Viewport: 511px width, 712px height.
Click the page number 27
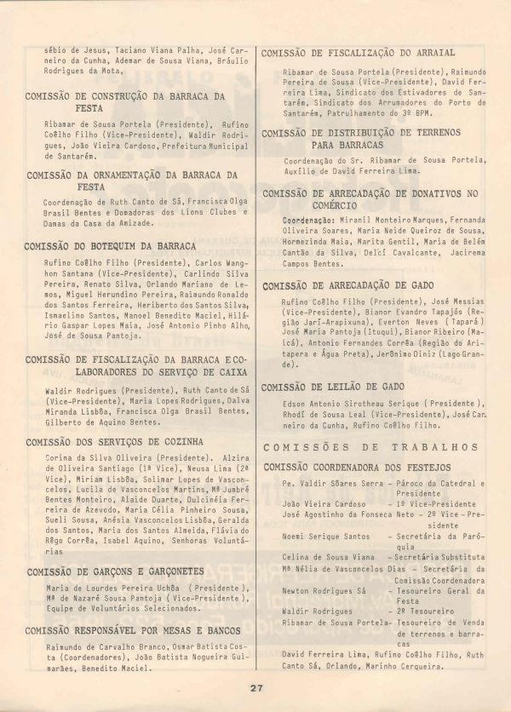(255, 688)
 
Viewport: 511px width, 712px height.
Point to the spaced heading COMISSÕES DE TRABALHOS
(370, 447)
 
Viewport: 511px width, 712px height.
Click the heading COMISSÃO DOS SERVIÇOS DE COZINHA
(115, 442)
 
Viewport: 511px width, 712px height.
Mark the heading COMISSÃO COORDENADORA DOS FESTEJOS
(358, 468)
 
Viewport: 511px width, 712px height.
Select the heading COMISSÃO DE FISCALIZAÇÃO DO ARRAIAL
(359, 53)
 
